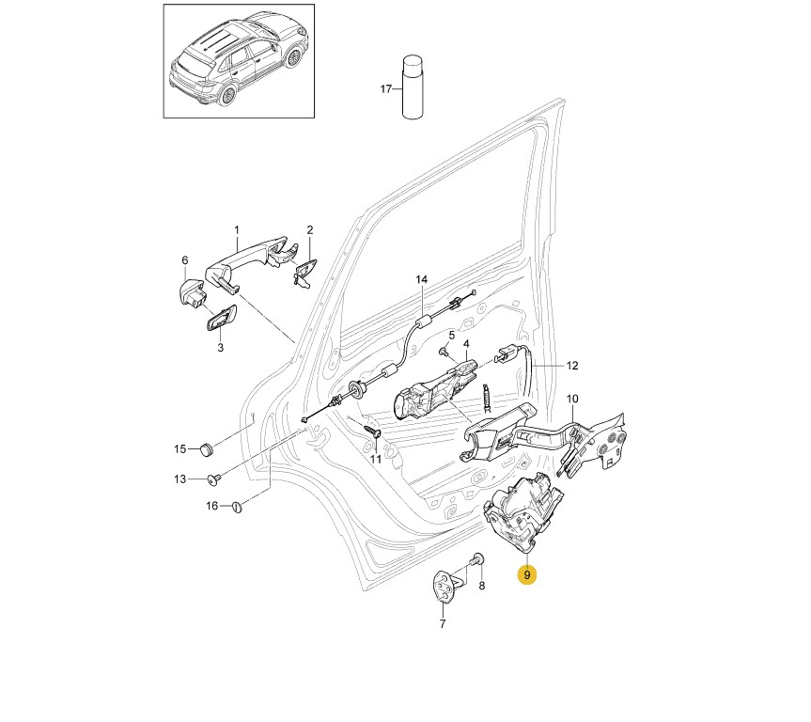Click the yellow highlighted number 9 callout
tap(528, 574)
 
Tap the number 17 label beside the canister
tap(385, 89)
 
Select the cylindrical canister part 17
tap(413, 88)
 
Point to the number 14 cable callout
tap(421, 280)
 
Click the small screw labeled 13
tap(215, 479)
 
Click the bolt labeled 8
tap(477, 561)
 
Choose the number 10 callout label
tap(572, 399)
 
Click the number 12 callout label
tap(572, 365)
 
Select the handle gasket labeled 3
tap(222, 321)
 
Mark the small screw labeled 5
tap(443, 353)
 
